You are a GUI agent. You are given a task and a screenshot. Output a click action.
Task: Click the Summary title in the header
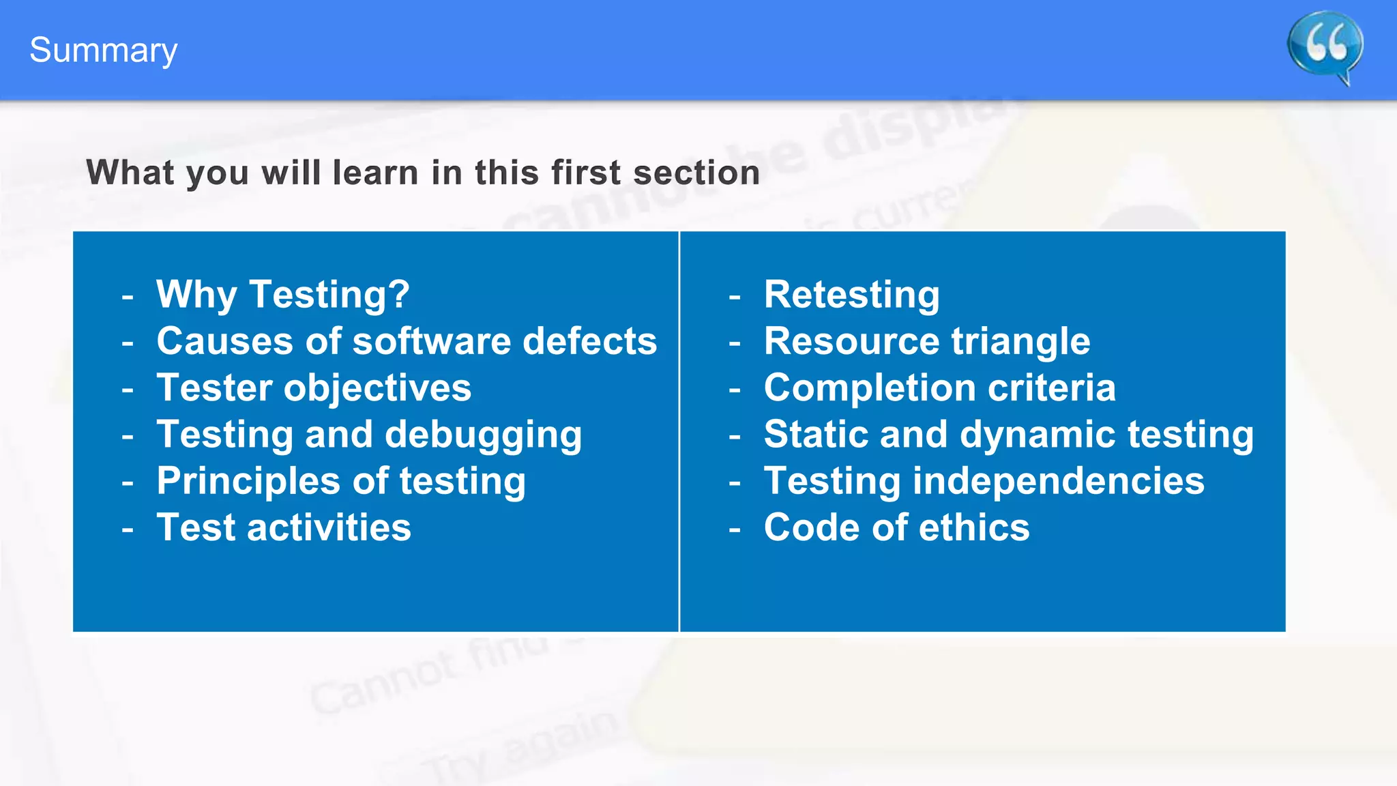103,50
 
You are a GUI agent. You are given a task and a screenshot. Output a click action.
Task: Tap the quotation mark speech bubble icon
1325,46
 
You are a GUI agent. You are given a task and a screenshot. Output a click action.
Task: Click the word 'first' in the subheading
586,172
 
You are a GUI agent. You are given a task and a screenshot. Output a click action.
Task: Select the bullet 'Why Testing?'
282,294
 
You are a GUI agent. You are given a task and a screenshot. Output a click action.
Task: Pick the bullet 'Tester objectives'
314,388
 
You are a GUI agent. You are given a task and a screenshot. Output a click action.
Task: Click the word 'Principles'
248,481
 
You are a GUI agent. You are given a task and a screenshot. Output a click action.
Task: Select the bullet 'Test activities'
284,527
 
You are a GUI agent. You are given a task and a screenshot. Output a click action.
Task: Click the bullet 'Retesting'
851,294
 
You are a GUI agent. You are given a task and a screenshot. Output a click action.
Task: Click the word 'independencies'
1058,480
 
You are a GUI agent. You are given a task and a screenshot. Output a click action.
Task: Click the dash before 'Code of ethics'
735,529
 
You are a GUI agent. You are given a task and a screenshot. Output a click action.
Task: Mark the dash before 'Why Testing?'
128,296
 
